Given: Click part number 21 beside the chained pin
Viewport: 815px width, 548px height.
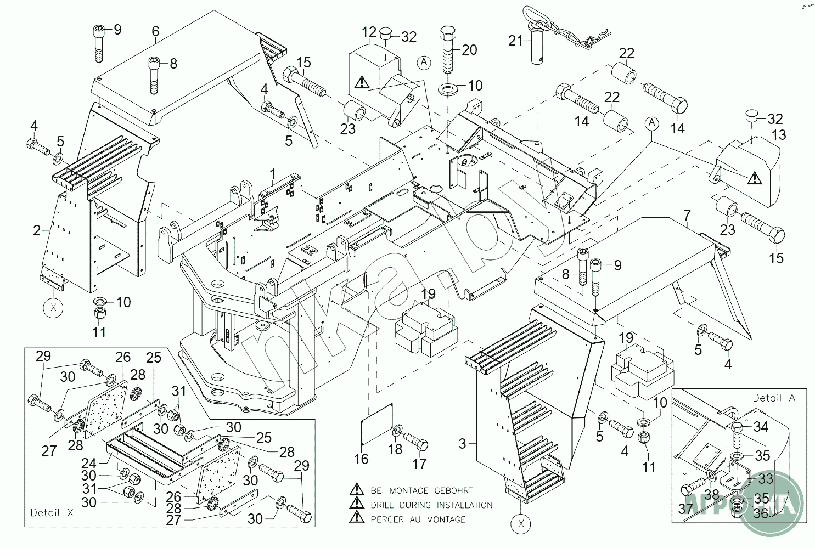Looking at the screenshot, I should coord(515,41).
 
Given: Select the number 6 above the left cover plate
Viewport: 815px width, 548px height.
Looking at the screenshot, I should coord(155,31).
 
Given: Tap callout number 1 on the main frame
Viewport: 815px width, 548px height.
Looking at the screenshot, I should coord(272,175).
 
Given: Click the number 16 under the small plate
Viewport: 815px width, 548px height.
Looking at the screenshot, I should coord(361,459).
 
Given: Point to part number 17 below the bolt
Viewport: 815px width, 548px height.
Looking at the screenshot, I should coord(419,464).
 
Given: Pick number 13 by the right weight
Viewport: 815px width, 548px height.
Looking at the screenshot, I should coord(779,135).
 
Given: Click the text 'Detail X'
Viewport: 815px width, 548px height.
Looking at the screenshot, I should coord(52,513).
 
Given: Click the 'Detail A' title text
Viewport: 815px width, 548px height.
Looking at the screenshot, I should coord(773,398).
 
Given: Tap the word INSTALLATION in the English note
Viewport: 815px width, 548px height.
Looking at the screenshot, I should coord(464,505).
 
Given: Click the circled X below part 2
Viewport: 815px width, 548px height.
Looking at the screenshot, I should coord(53,308).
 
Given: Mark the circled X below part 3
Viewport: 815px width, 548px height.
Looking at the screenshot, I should coord(521,524).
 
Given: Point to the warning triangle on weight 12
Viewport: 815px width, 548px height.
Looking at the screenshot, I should coord(362,82).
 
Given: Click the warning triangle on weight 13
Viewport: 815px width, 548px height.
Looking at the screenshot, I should coord(754,178).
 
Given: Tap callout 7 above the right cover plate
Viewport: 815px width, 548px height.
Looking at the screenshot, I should coord(687,216).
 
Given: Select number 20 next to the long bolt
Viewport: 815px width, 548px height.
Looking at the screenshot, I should coord(469,50).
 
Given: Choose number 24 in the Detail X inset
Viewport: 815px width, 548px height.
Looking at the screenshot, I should coord(89,464).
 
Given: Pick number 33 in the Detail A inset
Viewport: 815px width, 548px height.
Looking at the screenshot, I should coord(766,478).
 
